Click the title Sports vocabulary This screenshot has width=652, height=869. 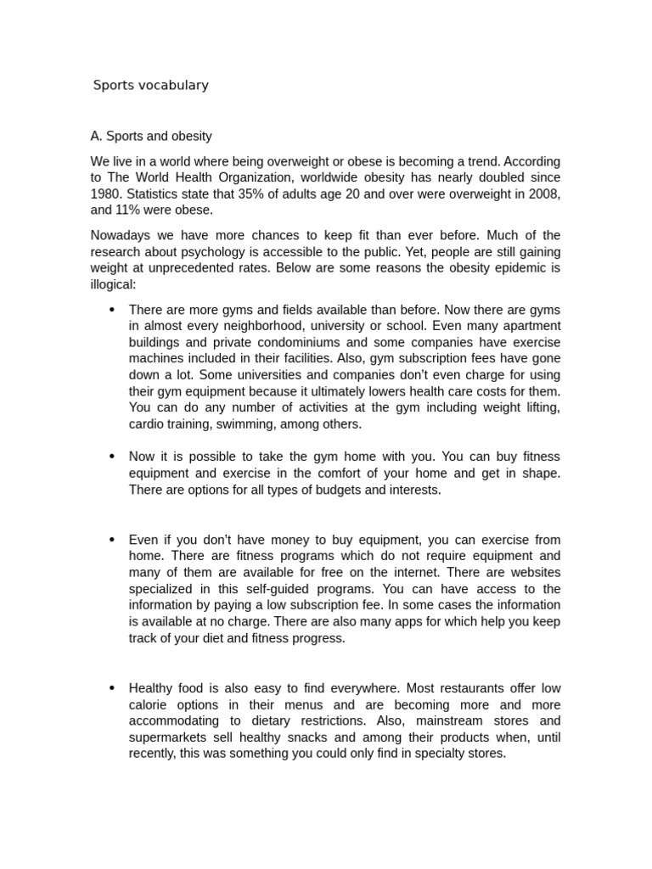[150, 85]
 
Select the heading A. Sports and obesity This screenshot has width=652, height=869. [151, 136]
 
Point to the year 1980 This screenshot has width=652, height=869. [106, 193]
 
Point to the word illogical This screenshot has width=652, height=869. [113, 284]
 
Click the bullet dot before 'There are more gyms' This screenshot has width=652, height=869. [112, 310]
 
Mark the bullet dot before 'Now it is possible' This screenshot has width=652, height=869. [112, 457]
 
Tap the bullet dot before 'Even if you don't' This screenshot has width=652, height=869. [112, 540]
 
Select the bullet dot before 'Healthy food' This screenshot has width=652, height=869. [112, 687]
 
